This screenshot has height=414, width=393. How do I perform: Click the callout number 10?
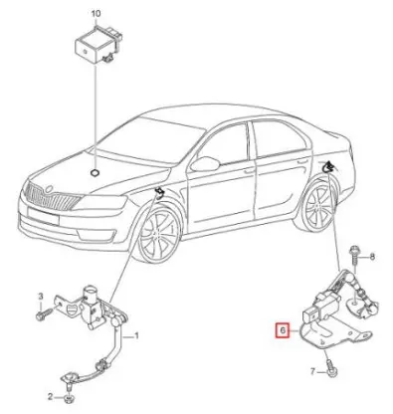click(96, 14)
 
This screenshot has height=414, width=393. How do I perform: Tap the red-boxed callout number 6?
click(283, 330)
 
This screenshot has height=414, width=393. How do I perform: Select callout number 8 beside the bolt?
click(372, 257)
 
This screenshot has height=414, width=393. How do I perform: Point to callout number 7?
click(312, 372)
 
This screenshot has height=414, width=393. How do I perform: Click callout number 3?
click(41, 296)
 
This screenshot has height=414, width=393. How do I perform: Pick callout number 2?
click(51, 396)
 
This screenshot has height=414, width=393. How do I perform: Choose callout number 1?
click(136, 336)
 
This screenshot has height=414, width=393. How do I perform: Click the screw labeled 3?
click(44, 313)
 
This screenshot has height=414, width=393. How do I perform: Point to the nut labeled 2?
click(69, 396)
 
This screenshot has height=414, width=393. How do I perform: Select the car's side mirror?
click(205, 164)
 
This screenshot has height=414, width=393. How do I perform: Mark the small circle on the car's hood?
click(95, 172)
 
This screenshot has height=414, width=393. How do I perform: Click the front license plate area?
click(43, 215)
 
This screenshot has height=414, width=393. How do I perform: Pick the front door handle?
click(249, 171)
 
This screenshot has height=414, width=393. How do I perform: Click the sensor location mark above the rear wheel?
click(328, 166)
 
